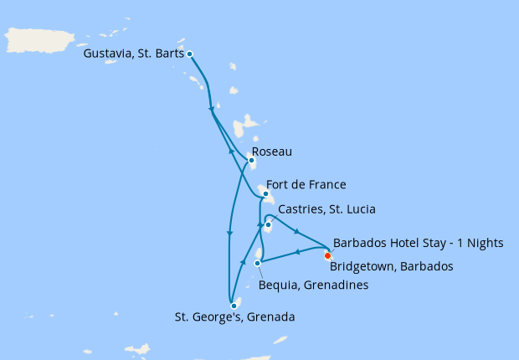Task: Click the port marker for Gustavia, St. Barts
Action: (x=190, y=54)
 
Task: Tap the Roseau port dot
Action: (x=251, y=161)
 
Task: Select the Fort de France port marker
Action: (x=265, y=194)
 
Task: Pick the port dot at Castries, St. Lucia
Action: (x=268, y=224)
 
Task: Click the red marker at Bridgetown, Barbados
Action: (x=327, y=255)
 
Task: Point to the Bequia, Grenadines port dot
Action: (x=257, y=263)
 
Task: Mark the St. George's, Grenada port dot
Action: (x=234, y=306)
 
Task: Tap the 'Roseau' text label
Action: (x=277, y=153)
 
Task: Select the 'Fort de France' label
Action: (x=306, y=184)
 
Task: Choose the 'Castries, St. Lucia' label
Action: (x=326, y=208)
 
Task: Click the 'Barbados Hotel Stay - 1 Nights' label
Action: (x=418, y=244)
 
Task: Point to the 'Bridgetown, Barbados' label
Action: (x=391, y=266)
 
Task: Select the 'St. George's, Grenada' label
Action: (x=234, y=317)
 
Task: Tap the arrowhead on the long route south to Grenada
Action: (x=228, y=234)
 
